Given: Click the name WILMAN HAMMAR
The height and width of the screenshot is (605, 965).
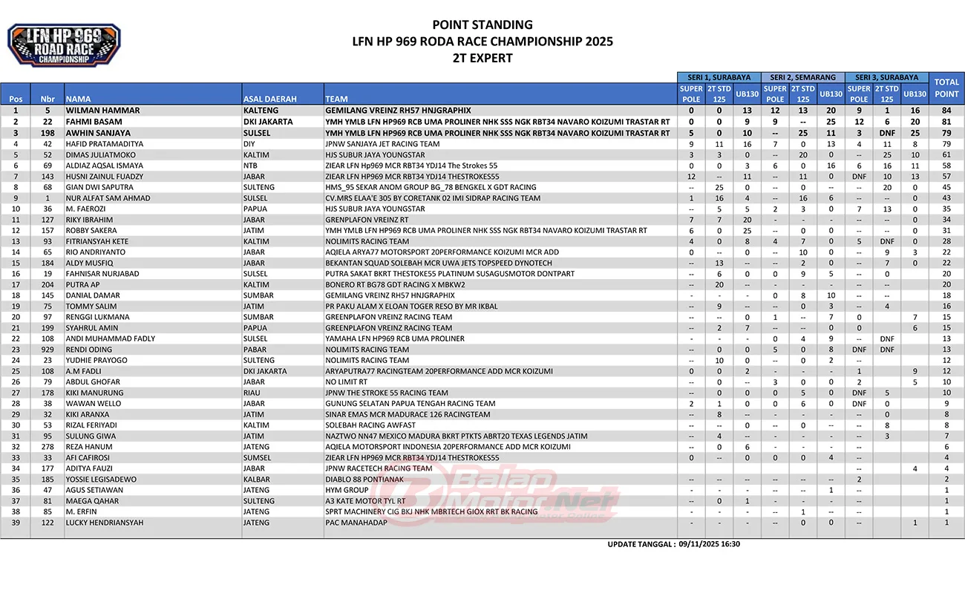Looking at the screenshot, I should pyautogui.click(x=102, y=111).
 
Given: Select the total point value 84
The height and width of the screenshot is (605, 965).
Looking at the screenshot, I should pyautogui.click(x=946, y=111).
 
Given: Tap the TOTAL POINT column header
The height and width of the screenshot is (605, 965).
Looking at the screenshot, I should pyautogui.click(x=946, y=88).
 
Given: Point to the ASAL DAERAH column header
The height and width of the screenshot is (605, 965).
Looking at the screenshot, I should pyautogui.click(x=270, y=99).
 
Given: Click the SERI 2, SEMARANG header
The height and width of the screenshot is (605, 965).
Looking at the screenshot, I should pyautogui.click(x=803, y=77).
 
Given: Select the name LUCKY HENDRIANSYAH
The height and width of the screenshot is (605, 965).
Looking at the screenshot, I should pyautogui.click(x=105, y=523).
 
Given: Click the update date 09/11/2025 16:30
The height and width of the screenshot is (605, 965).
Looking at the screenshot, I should pyautogui.click(x=709, y=544).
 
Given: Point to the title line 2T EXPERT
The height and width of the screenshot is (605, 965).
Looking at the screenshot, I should pyautogui.click(x=482, y=58).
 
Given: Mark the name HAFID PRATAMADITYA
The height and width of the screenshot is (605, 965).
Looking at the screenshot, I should pyautogui.click(x=105, y=144).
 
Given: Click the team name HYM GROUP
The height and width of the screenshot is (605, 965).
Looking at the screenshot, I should pyautogui.click(x=347, y=490).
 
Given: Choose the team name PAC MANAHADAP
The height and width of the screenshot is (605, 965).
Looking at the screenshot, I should pyautogui.click(x=356, y=523).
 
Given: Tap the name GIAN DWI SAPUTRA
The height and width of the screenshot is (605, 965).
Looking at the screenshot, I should pyautogui.click(x=99, y=187).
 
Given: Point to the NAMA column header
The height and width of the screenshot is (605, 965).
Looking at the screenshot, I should pyautogui.click(x=78, y=99).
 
